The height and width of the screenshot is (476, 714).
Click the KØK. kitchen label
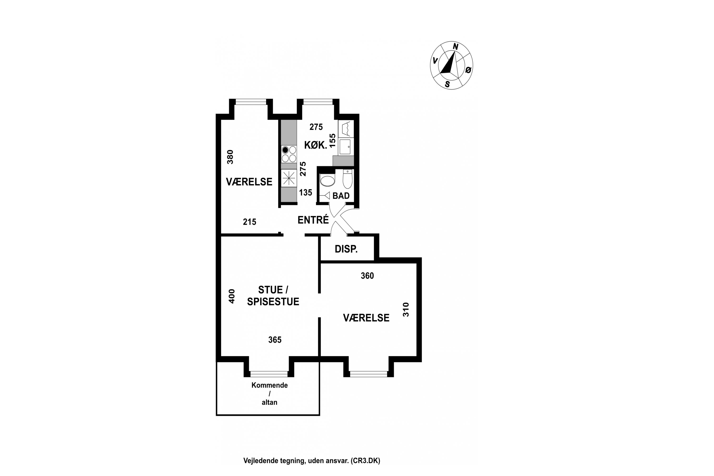(x=316, y=145)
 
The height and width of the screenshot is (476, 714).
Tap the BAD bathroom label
(x=341, y=196)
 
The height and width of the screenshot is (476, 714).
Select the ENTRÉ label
(x=313, y=220)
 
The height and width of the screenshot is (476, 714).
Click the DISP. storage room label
(x=346, y=249)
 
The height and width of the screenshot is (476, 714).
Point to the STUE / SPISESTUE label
(x=273, y=296)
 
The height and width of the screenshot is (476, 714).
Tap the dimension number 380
(x=230, y=157)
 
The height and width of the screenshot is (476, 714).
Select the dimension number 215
(x=249, y=222)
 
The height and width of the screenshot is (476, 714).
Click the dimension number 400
(x=232, y=296)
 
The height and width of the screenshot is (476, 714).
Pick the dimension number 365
(x=275, y=340)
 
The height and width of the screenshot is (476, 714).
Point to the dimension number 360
(x=367, y=276)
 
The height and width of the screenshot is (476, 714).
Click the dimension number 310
(x=406, y=310)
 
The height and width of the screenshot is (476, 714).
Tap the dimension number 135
(x=305, y=193)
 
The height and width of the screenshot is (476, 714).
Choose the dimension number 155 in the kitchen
(x=333, y=141)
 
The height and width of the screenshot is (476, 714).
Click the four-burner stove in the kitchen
(x=289, y=154)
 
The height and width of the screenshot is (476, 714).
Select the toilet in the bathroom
(x=347, y=179)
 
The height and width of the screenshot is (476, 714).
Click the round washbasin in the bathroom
(x=327, y=181)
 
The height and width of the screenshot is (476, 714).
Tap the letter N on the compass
(x=455, y=46)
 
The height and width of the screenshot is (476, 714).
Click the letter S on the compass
(x=447, y=84)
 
